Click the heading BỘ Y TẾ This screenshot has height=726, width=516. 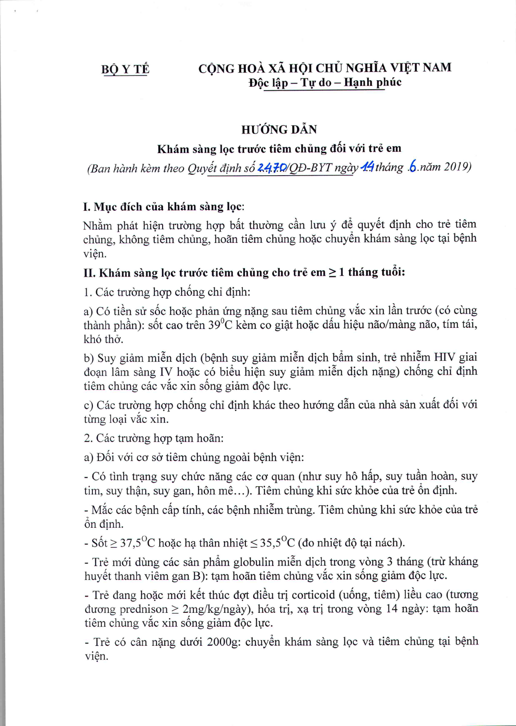click(125, 69)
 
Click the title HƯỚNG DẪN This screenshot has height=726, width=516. click(279, 130)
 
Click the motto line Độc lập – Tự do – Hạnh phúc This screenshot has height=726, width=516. click(325, 82)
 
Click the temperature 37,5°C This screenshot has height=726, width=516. click(137, 543)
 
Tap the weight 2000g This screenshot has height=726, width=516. click(223, 642)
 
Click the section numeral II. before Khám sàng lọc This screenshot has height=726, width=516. click(89, 273)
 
